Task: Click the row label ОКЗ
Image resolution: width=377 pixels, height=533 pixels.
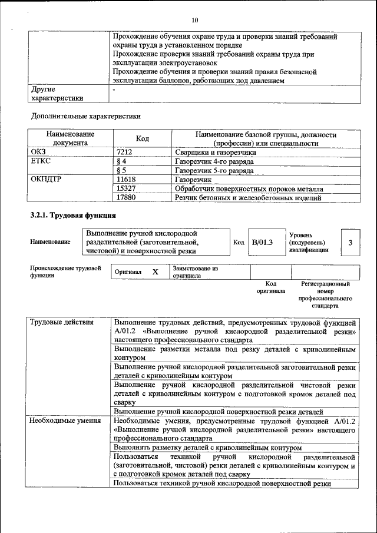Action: [x=38, y=151]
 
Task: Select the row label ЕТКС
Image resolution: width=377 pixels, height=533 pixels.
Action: [x=41, y=161]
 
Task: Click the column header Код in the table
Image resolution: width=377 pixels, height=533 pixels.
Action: [x=142, y=138]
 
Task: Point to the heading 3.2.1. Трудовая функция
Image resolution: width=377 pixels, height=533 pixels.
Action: [x=65, y=215]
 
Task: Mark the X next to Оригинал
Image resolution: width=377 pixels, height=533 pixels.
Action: [x=155, y=272]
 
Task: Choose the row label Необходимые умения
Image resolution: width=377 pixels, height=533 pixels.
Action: [x=65, y=421]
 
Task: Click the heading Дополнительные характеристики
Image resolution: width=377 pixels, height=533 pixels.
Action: [x=85, y=117]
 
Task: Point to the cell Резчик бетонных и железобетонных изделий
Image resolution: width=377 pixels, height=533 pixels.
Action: [x=248, y=198]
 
